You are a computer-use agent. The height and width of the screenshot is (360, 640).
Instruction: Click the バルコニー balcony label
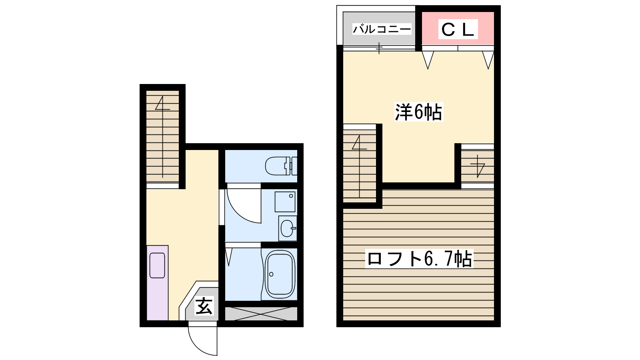(382, 29)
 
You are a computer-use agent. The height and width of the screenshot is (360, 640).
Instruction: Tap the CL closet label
(458, 29)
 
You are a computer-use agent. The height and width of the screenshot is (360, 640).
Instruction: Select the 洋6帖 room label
(418, 112)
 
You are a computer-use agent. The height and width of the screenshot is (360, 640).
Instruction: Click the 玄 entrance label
(204, 306)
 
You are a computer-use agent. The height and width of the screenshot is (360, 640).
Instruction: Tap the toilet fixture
(281, 166)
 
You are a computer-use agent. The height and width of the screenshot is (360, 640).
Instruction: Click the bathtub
(280, 274)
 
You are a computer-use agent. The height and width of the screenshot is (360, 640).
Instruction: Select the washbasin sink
(288, 228)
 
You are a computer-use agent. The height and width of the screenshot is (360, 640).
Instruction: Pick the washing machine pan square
(285, 202)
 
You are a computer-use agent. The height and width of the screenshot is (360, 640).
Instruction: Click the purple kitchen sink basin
(157, 266)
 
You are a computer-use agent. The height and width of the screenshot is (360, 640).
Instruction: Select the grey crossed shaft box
(261, 314)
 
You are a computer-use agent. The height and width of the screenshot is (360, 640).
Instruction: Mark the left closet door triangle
(428, 60)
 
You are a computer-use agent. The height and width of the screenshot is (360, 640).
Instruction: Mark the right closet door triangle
(488, 60)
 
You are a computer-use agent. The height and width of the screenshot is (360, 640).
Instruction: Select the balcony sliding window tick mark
(379, 48)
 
